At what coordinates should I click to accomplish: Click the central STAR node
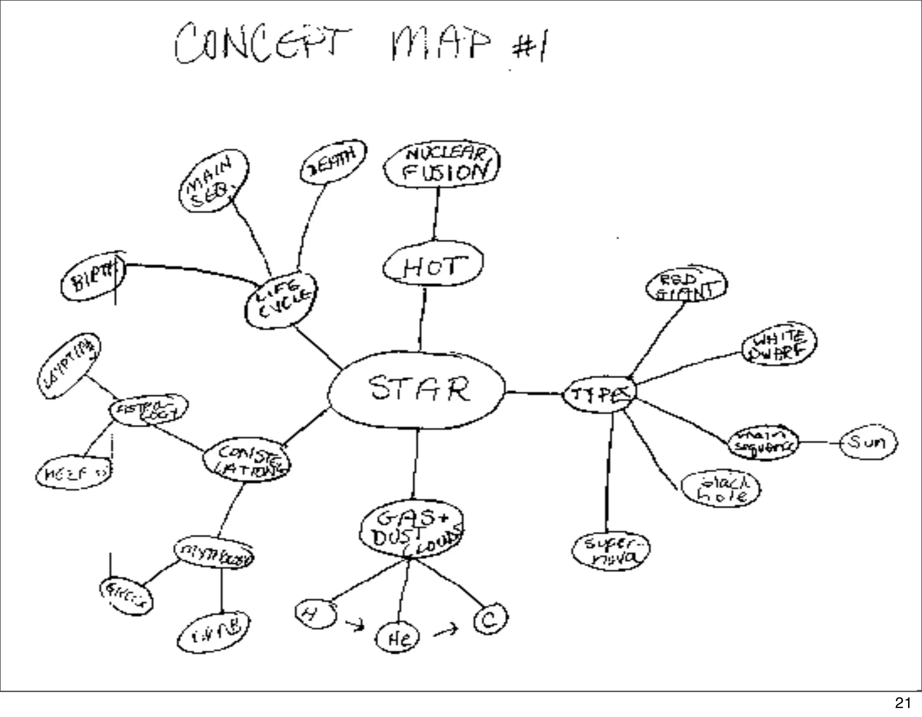click(x=417, y=390)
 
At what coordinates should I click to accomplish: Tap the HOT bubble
click(x=433, y=265)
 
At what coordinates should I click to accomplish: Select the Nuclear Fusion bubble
click(x=442, y=165)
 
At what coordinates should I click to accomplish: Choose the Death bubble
click(x=333, y=162)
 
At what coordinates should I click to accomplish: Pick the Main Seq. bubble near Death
click(x=213, y=181)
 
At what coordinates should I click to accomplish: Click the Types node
click(x=600, y=395)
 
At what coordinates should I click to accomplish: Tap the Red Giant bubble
click(x=686, y=284)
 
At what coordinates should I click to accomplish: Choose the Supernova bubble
click(x=611, y=552)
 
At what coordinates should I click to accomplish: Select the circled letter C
click(x=490, y=619)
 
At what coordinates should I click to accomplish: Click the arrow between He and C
click(x=445, y=631)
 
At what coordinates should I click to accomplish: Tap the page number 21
click(x=903, y=703)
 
